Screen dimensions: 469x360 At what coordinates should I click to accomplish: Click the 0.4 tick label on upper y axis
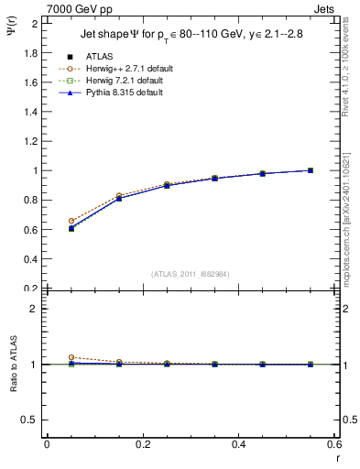pos(30,259)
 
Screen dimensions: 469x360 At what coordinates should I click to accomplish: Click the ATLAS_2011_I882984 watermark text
pos(190,272)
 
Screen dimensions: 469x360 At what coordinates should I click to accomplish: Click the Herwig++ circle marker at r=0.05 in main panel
pos(71,221)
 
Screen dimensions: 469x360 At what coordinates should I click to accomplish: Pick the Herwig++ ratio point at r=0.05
pos(71,357)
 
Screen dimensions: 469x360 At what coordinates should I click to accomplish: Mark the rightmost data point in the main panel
pos(311,170)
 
